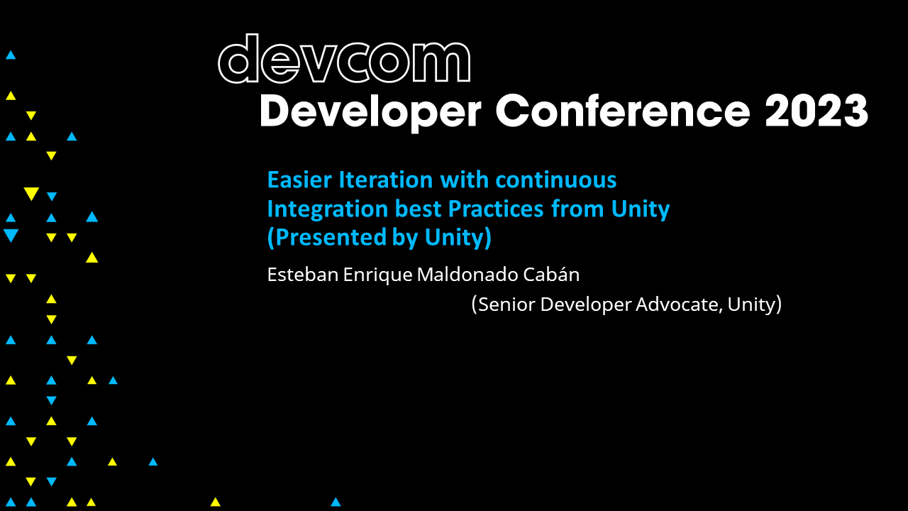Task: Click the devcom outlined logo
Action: pos(344,60)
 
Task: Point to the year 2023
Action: pos(816,111)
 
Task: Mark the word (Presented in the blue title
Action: pos(318,238)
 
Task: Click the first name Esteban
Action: pos(303,275)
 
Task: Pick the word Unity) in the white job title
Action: pos(755,304)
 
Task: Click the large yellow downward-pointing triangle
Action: pos(31,194)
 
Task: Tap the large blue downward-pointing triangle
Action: pos(11,236)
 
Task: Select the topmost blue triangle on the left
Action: pos(11,55)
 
